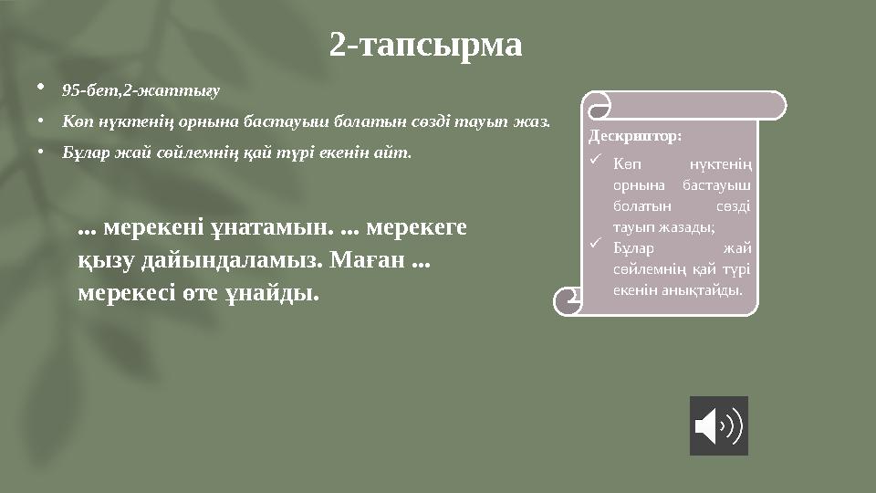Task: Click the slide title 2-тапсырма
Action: (426, 45)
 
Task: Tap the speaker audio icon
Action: (718, 425)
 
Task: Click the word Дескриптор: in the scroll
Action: (634, 136)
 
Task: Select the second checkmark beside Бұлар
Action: (595, 243)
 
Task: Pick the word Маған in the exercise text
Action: (370, 260)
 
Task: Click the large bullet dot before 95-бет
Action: (40, 89)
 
